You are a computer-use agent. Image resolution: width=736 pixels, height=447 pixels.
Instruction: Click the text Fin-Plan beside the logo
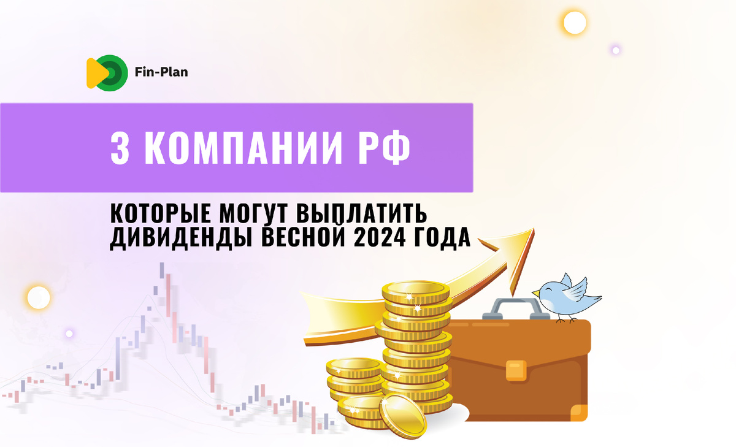[161, 72]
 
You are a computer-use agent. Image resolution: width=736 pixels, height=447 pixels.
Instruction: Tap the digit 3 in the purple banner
[121, 147]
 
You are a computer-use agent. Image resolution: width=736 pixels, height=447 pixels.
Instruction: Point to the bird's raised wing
[576, 286]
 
